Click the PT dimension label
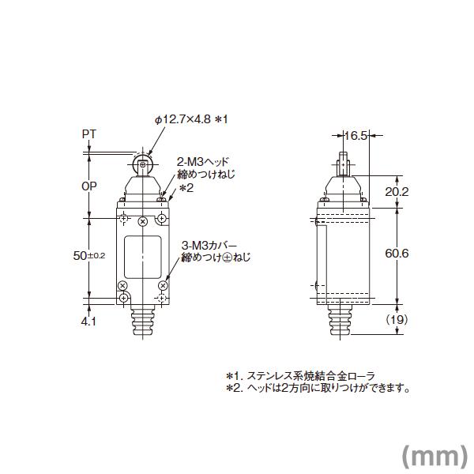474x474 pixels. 89,134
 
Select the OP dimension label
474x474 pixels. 90,189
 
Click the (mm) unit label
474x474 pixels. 431,454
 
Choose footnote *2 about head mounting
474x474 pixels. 316,387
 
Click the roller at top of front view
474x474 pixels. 143,165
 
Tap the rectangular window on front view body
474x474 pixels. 143,254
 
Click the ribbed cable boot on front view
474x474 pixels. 143,324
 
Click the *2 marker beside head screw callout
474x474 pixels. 186,188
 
